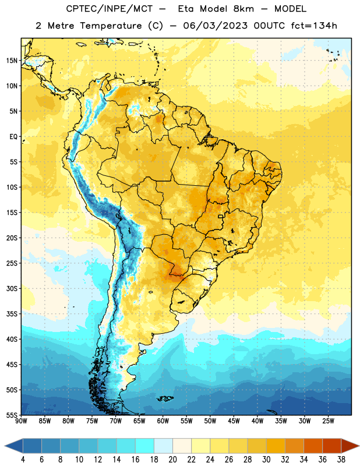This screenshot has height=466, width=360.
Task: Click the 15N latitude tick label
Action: click(12, 61)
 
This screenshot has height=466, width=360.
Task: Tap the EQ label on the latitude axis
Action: click(13, 137)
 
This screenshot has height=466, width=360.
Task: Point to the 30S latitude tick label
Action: click(12, 288)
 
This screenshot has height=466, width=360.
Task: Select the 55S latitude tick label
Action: click(12, 415)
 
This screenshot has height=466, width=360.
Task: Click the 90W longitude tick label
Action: click(21, 421)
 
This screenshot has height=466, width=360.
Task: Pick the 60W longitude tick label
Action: click(163, 421)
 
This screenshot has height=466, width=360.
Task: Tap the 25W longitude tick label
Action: click(328, 421)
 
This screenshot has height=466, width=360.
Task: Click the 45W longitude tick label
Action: click(234, 421)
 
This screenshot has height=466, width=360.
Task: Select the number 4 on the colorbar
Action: click(23, 460)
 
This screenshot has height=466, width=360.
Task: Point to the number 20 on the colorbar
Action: click(172, 460)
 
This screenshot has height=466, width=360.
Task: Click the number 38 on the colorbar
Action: click(341, 460)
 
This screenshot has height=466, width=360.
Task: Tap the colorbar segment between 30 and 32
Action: click(276, 446)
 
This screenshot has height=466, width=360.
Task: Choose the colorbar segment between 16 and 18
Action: click(145, 446)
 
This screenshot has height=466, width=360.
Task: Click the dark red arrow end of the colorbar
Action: click(350, 446)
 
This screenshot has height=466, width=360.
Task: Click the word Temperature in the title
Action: click(111, 26)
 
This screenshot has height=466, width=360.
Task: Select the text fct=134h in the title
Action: click(314, 26)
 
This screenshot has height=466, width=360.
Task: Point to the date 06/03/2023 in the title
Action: click(215, 26)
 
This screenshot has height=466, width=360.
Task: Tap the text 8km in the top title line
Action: click(243, 9)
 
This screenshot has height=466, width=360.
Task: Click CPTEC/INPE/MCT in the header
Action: click(109, 9)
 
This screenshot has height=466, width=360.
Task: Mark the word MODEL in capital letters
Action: click(290, 9)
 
